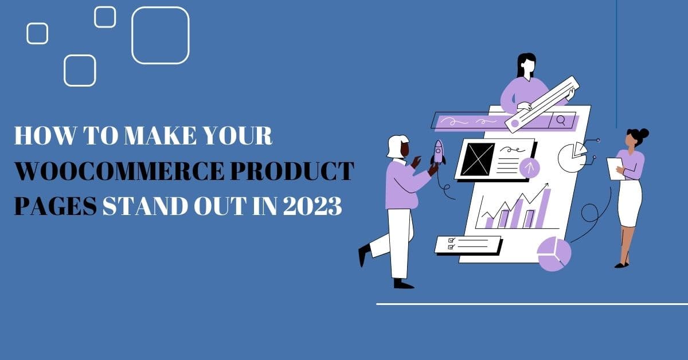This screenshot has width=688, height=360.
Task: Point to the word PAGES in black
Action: click(54, 206)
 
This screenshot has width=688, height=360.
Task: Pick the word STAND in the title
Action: click(142, 206)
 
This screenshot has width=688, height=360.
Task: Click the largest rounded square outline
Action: click(161, 35)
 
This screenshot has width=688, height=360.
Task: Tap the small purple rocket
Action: click(438, 151)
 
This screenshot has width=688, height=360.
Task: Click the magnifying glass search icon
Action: click(561, 120)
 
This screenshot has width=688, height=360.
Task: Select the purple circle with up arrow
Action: click(529, 167)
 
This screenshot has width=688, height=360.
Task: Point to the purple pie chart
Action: click(554, 254)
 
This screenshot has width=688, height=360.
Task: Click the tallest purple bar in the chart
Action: click(544, 209)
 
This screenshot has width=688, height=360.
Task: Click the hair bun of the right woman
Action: click(644, 133)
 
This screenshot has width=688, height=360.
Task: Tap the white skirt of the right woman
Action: click(630, 203)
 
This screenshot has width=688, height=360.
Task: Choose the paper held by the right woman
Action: click(615, 169)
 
